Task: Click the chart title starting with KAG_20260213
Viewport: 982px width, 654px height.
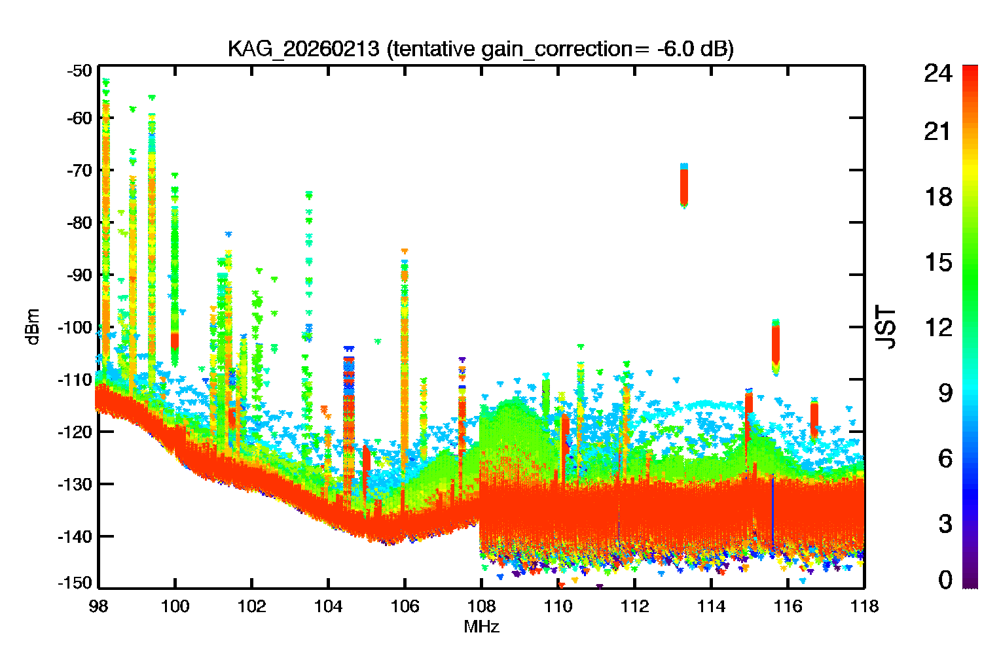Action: pos(481,49)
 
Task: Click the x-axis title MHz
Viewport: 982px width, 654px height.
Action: pos(481,627)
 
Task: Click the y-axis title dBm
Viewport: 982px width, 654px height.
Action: pos(33,327)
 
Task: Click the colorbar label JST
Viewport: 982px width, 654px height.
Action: pos(886,327)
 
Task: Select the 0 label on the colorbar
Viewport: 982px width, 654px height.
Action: pos(945,580)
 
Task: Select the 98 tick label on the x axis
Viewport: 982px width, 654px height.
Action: pos(99,606)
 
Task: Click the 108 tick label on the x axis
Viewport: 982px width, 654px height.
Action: pos(481,606)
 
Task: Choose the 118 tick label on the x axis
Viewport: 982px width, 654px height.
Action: pos(864,606)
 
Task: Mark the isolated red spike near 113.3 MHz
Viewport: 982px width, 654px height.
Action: pos(684,186)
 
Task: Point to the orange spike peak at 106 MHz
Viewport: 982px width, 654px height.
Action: pos(405,252)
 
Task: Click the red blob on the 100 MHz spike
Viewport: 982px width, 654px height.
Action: pos(175,341)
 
